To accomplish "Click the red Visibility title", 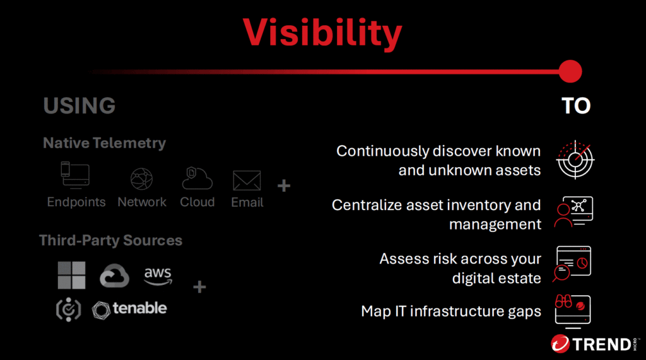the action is click(x=322, y=33).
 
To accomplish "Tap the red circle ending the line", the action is click(x=570, y=71).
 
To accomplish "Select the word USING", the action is click(x=79, y=105).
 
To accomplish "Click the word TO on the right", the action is click(x=576, y=106).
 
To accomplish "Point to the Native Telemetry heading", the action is click(x=104, y=143).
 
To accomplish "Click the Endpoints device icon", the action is click(x=75, y=175).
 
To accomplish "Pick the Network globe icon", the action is click(x=142, y=179).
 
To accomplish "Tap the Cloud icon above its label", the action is click(x=197, y=178).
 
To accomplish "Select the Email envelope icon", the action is click(x=247, y=180).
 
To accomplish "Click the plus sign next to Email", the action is click(x=284, y=186).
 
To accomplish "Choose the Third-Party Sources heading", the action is click(x=111, y=240).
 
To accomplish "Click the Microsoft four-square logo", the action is click(x=72, y=275).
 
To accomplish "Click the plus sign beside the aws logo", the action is click(x=199, y=287).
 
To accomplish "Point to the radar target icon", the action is click(x=575, y=160).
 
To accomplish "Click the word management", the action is click(x=495, y=224).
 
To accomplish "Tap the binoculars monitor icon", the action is click(x=573, y=311).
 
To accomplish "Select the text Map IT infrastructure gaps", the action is click(x=450, y=311).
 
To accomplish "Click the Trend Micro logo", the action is click(x=594, y=344).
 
